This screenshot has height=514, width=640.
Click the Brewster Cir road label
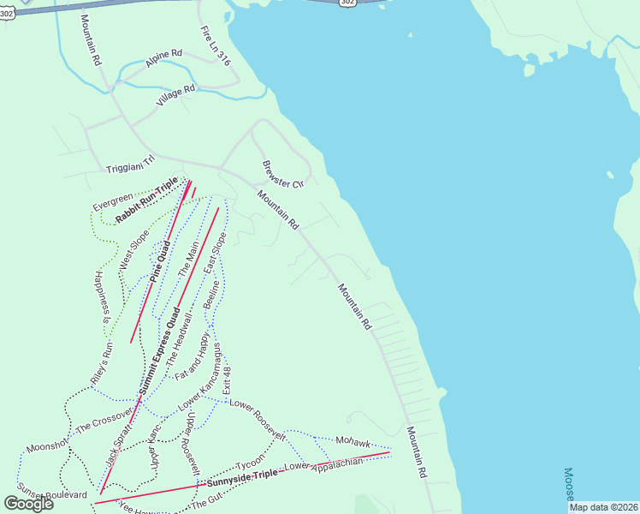pyautogui.click(x=283, y=175)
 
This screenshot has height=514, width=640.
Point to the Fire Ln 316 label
pyautogui.click(x=216, y=45)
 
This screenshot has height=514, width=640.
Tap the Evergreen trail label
pyautogui.click(x=113, y=202)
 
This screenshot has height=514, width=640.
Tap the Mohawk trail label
pyautogui.click(x=353, y=442)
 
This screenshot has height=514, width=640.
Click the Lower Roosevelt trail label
pyautogui.click(x=257, y=419)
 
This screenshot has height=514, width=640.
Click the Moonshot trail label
pyautogui.click(x=47, y=446)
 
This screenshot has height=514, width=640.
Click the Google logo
pyautogui.click(x=29, y=503)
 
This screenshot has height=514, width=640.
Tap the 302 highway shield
pyautogui.click(x=347, y=3)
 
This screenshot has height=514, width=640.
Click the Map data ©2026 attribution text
pyautogui.click(x=603, y=507)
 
